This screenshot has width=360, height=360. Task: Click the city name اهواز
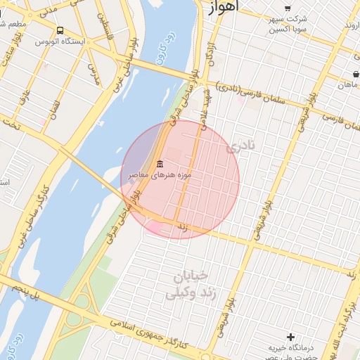pos(224,6)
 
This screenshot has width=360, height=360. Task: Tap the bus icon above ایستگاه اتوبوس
pos(59,31)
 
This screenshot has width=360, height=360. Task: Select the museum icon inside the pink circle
pos(160,163)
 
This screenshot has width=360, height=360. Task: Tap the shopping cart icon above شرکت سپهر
pos(287,8)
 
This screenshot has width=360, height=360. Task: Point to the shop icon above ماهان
pos(356,75)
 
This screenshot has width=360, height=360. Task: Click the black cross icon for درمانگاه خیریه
pos(290,337)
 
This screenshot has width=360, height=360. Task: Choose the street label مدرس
pos(91,73)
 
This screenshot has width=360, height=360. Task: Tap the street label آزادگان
pos(209,56)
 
